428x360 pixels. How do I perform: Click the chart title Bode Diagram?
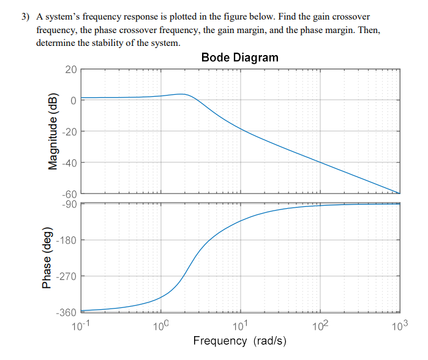tap(239, 58)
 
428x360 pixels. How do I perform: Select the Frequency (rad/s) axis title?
tap(239, 340)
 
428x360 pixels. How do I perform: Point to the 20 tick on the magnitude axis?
tap(71, 69)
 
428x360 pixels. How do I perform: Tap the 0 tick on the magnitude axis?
tap(73, 100)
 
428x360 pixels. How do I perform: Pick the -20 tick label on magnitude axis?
tap(69, 132)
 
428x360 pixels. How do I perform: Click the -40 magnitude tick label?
tap(69, 163)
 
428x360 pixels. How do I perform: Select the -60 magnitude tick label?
tap(69, 194)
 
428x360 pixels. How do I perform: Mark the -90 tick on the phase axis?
tap(69, 203)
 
